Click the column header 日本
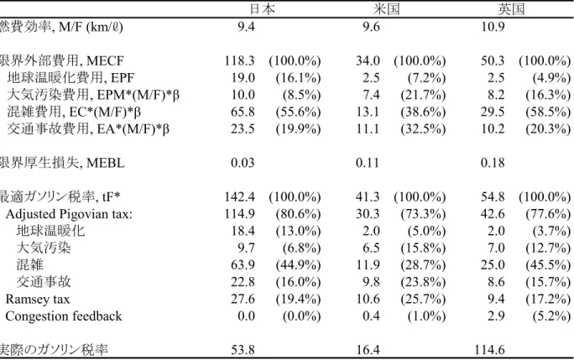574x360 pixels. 262,8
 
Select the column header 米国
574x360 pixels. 386,8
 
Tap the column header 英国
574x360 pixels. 511,8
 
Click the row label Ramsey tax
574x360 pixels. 37,300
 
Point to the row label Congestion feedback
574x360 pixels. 64,316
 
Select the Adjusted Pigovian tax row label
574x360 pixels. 69,214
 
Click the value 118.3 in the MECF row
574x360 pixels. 239,60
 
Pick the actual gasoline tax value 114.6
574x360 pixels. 489,350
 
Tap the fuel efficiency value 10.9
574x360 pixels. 493,26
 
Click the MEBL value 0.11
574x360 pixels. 368,163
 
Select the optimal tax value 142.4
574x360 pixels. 239,197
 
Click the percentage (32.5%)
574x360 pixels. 423,128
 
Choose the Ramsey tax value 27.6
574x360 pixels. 243,300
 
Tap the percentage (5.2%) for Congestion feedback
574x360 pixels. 551,316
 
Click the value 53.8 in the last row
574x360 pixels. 243,350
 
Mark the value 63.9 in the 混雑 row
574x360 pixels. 243,265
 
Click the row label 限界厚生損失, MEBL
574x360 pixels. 62,163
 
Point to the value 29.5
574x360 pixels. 493,112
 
